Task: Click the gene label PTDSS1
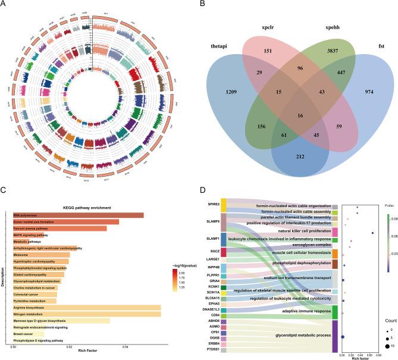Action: click(x=212, y=349)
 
